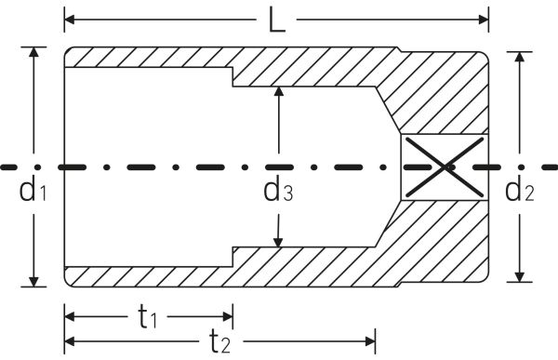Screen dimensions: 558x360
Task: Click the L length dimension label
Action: click(x=276, y=20)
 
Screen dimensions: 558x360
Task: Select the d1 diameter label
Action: click(x=33, y=190)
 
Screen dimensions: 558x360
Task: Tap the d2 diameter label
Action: click(x=520, y=190)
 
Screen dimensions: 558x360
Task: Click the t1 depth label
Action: click(x=147, y=317)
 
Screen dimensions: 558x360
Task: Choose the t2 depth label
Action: click(x=219, y=341)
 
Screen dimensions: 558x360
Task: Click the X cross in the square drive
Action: click(x=445, y=167)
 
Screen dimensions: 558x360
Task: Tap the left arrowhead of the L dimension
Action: click(x=70, y=20)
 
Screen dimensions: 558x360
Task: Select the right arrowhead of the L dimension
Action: click(x=484, y=20)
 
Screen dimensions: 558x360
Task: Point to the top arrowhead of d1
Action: click(x=33, y=52)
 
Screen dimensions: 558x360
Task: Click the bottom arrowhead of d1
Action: click(x=33, y=282)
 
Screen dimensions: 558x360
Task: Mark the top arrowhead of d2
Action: click(x=520, y=57)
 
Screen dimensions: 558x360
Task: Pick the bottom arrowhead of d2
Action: click(x=520, y=276)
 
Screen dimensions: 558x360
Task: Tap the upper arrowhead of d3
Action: click(x=279, y=91)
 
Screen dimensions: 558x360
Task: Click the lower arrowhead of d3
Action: click(x=278, y=242)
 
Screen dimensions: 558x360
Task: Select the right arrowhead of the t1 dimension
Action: click(x=228, y=316)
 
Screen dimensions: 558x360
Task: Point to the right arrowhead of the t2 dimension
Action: click(x=370, y=341)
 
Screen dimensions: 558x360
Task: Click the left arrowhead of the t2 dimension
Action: click(x=70, y=341)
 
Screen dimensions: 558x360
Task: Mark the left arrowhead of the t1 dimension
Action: click(x=70, y=316)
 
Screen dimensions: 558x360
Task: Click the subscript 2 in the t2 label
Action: click(x=226, y=346)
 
